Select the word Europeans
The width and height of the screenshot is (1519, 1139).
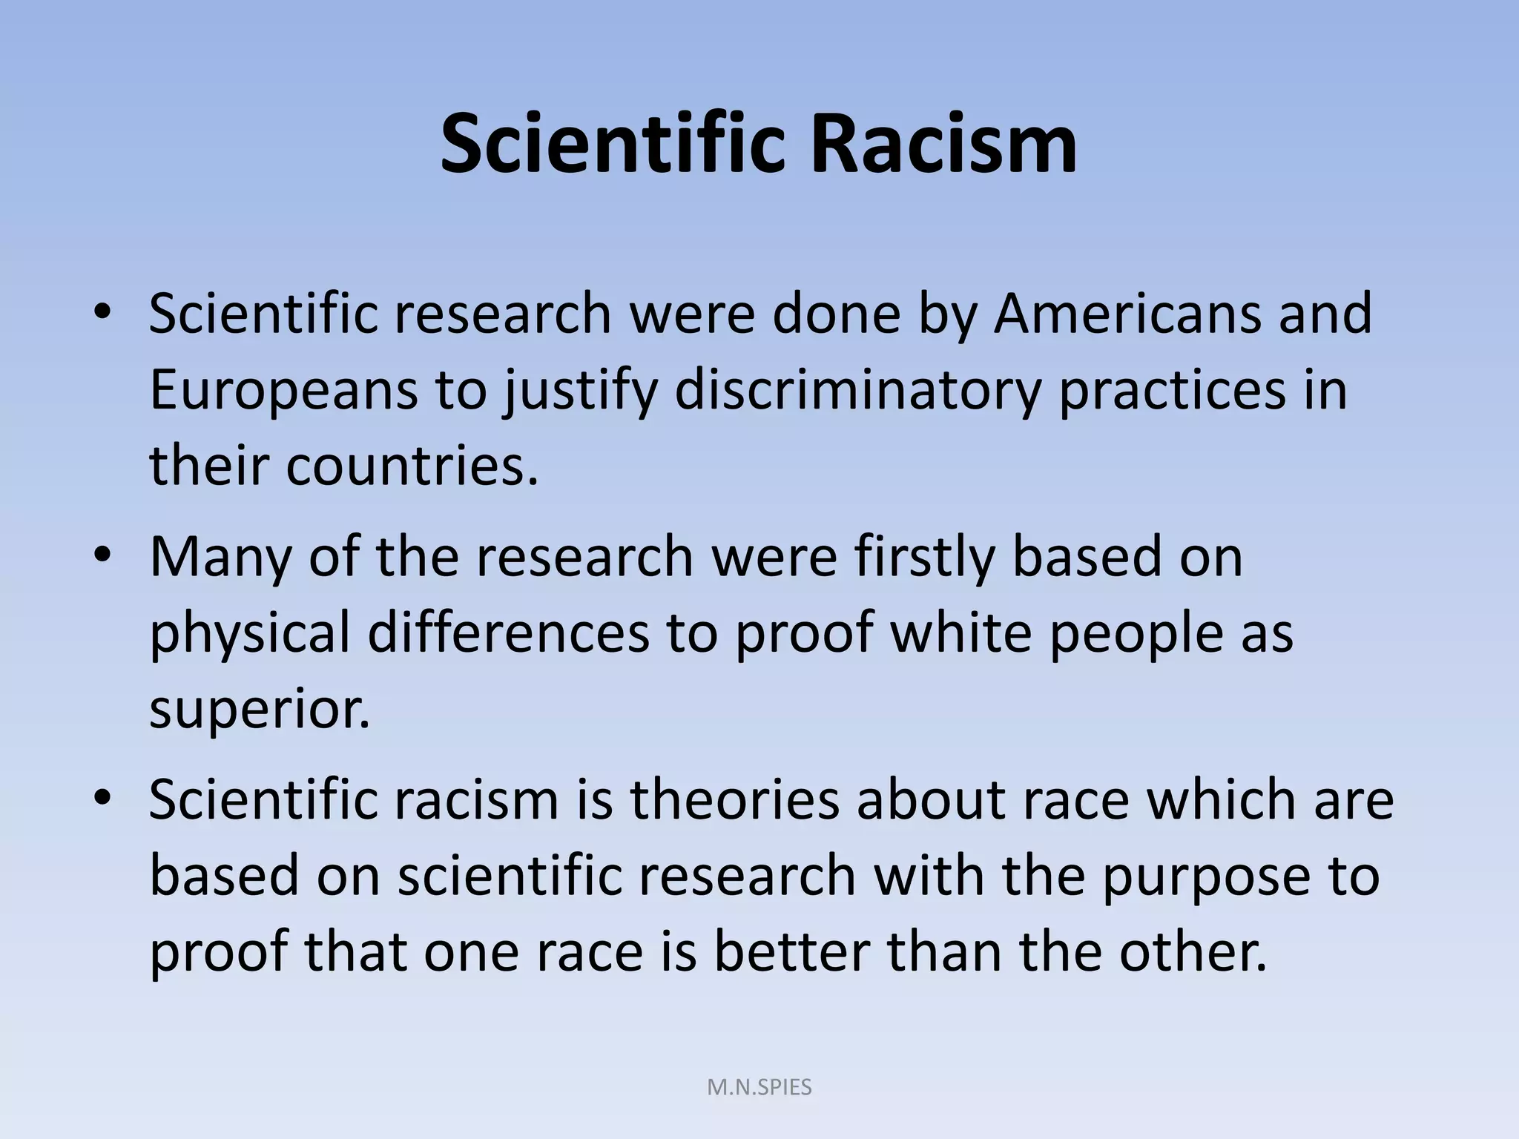[283, 390]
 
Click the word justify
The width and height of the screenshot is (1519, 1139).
[580, 392]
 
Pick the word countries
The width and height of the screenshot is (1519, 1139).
[412, 466]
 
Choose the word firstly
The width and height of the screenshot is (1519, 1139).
[923, 558]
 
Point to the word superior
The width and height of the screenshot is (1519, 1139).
[260, 710]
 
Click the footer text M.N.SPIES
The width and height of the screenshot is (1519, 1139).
[759, 1087]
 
